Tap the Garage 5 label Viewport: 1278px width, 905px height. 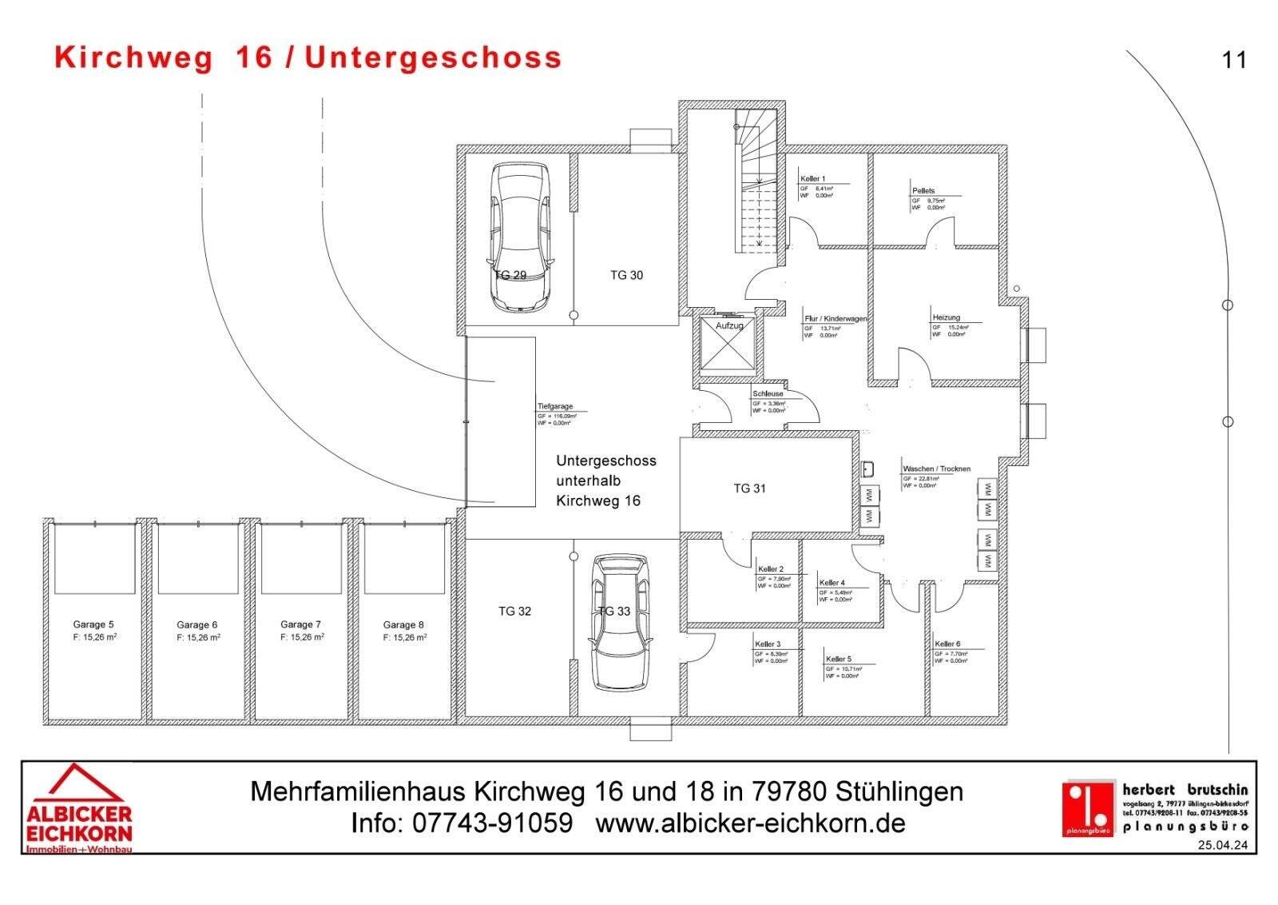tap(93, 624)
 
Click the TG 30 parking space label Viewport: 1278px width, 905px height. tap(626, 275)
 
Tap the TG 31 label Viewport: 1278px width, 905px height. tap(749, 488)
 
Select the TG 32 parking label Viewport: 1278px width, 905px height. tap(514, 612)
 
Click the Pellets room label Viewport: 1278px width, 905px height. tap(923, 191)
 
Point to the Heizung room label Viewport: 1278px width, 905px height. tap(946, 317)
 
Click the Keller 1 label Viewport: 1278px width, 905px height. tap(812, 179)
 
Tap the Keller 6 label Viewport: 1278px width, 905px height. tap(947, 644)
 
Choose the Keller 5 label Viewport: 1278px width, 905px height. tap(839, 659)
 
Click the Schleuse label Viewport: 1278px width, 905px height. tap(768, 394)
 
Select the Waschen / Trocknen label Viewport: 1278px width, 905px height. tap(936, 468)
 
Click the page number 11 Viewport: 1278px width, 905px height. tap(1233, 61)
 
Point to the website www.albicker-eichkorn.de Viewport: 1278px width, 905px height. tap(750, 823)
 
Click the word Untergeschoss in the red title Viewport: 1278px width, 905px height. tap(433, 58)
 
